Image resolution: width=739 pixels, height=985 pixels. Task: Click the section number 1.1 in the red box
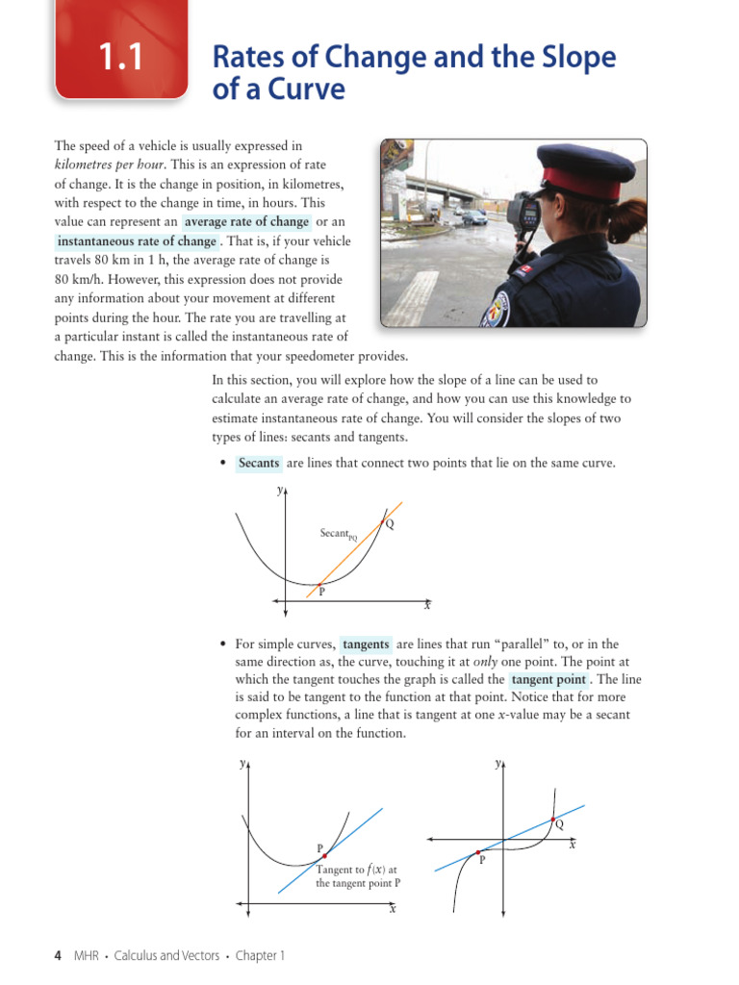coord(119,59)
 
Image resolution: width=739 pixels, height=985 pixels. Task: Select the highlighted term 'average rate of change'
coord(247,222)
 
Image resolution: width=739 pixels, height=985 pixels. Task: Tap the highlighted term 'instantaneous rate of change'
coord(137,241)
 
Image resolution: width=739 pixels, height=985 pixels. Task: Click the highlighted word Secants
coord(259,463)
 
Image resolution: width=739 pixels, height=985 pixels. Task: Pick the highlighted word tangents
coord(366,644)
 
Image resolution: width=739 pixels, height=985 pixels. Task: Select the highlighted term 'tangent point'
coord(548,679)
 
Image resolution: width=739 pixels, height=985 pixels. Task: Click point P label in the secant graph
coord(321,593)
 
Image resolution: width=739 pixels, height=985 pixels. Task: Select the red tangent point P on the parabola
coord(325,855)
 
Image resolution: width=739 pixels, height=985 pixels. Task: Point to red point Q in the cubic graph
coord(552,821)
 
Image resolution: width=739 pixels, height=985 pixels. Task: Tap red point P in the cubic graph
coord(478,852)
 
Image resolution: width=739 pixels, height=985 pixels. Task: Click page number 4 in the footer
coord(58,955)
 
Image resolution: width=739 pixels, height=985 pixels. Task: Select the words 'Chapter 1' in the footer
coord(260,955)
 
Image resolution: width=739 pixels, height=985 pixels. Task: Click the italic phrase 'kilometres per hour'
coord(110,164)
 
